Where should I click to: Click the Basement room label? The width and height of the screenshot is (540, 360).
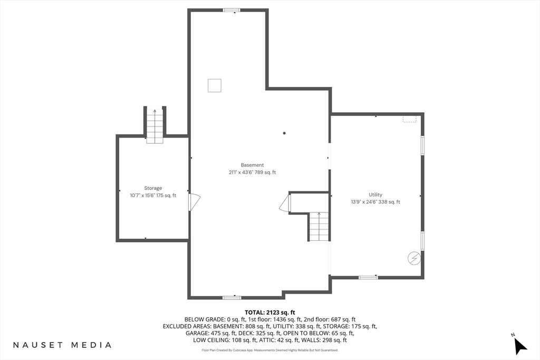coord(252,165)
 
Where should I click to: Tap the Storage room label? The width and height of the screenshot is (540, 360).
coord(153,188)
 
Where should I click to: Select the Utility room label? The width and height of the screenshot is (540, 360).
coord(375,194)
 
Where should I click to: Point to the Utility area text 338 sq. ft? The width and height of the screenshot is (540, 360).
coord(389,202)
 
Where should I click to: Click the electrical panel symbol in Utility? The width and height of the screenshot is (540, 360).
coord(414,258)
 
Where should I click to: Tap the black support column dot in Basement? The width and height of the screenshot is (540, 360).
coord(284,133)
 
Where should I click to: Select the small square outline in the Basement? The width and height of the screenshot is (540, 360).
coord(215,85)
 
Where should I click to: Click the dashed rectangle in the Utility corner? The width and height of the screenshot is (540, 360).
coord(409,119)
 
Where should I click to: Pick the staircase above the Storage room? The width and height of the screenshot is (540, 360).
coord(155,126)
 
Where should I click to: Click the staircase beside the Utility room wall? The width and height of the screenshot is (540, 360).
coord(319,227)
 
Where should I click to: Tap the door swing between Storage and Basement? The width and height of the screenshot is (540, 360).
coord(194,202)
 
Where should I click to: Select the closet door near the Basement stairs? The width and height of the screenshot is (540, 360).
coord(285,203)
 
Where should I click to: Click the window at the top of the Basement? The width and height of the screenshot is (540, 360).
coord(232,11)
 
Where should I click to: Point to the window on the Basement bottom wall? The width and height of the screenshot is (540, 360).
coord(232,297)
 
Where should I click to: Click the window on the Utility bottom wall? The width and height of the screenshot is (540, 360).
coord(368,277)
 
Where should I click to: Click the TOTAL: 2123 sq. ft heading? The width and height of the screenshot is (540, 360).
coord(270,313)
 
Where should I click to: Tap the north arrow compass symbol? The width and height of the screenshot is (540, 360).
coord(520,345)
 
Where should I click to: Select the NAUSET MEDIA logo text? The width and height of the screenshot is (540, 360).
coord(62,345)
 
